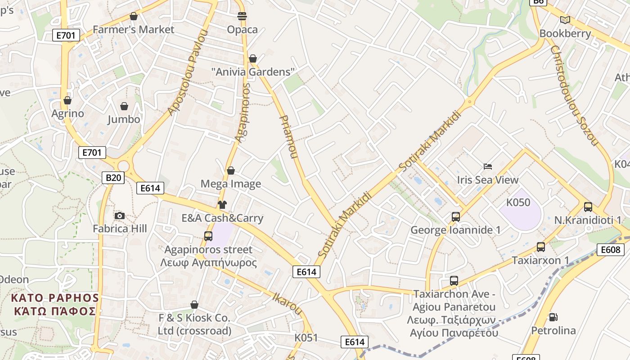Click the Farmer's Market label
tap(133, 30)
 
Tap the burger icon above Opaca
tap(242, 16)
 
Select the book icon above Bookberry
tap(565, 20)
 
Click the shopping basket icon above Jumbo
tap(124, 106)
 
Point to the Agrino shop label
tap(67, 113)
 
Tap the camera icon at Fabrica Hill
tap(120, 216)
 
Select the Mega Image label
tap(231, 184)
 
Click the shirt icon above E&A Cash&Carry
tap(222, 205)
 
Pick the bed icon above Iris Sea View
tap(488, 166)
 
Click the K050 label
tap(518, 202)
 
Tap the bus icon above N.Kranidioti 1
tap(588, 207)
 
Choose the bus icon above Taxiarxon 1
tap(541, 247)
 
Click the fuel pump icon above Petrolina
tap(553, 317)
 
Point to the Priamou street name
tap(288, 137)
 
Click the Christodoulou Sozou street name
tap(574, 95)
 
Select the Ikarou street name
tap(287, 303)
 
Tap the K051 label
tap(306, 337)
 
